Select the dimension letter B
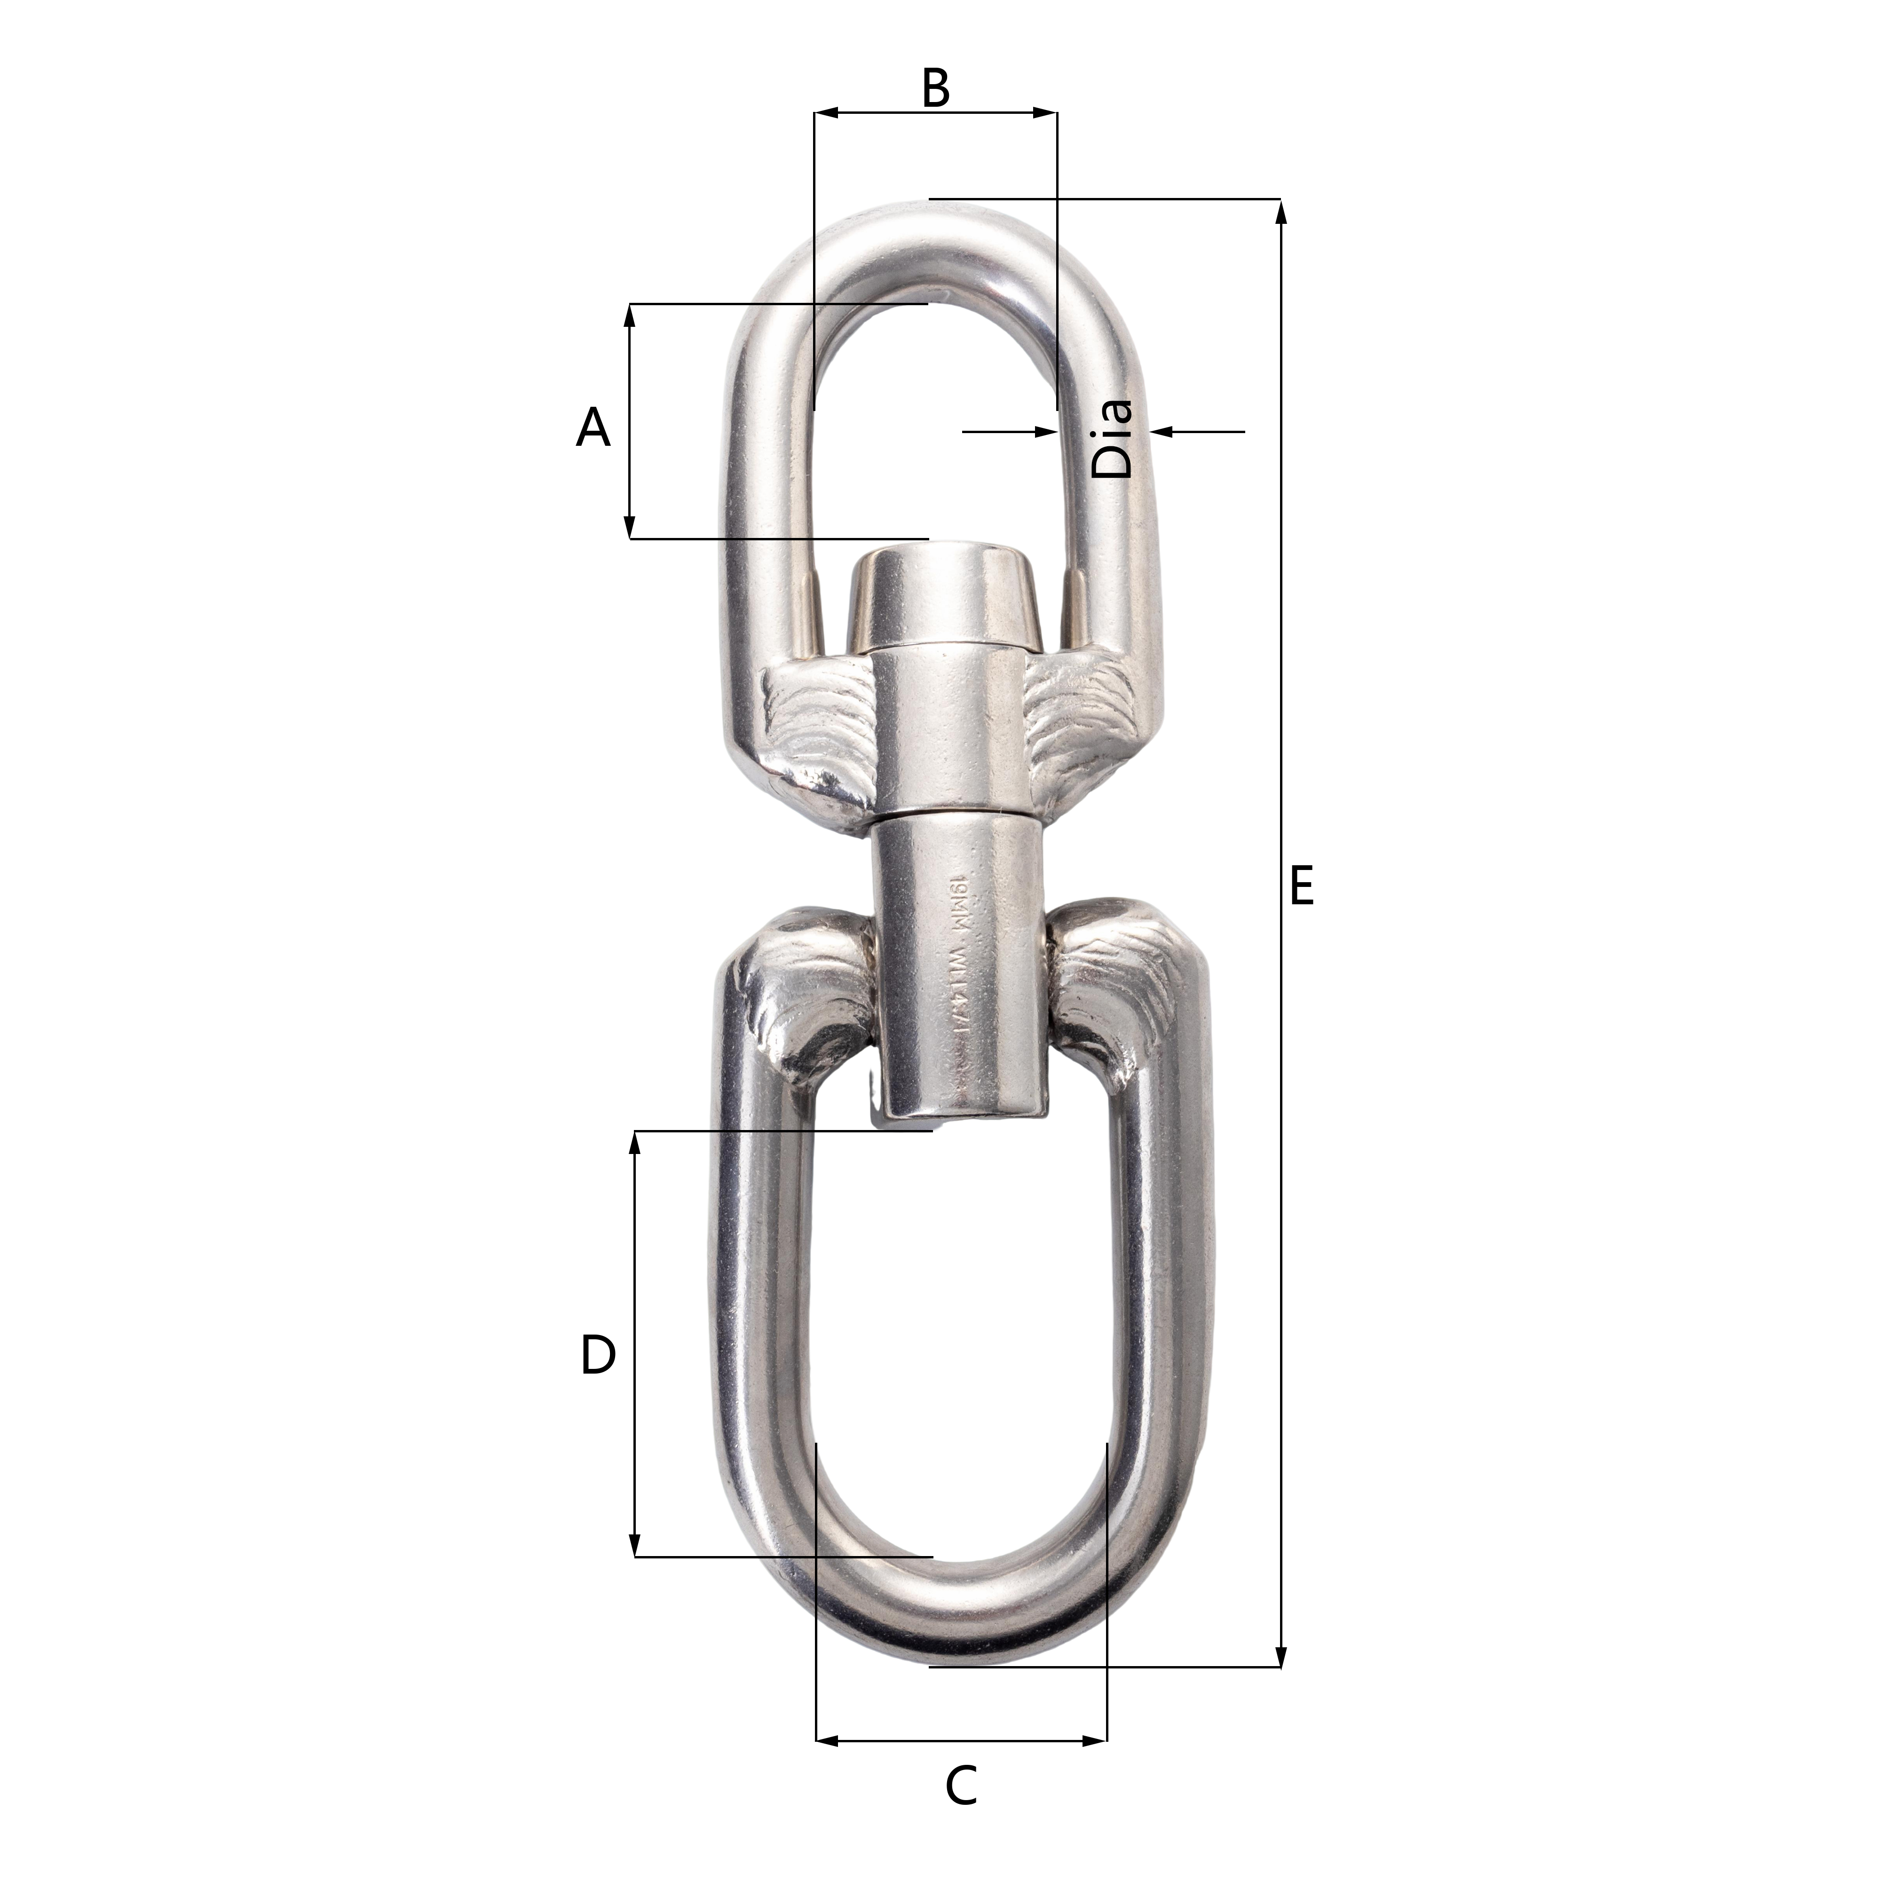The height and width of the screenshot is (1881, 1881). click(x=935, y=88)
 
